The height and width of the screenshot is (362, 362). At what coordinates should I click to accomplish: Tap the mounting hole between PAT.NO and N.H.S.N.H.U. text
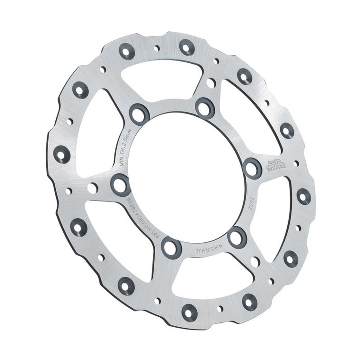(x=171, y=247)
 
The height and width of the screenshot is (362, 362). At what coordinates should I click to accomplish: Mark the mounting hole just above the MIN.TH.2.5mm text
(x=139, y=114)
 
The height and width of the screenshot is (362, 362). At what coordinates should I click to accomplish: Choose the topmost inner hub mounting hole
(x=205, y=108)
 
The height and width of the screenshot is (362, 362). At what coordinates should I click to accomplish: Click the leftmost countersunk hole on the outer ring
(x=61, y=154)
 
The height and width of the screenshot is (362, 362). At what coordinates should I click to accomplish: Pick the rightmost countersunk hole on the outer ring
(x=303, y=195)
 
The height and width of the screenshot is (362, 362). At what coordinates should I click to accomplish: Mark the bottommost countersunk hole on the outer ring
(x=189, y=312)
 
